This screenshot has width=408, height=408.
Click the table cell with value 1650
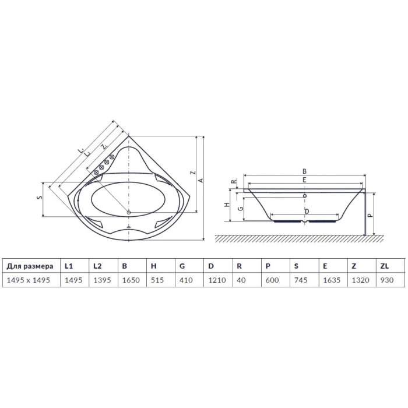(x=131, y=280)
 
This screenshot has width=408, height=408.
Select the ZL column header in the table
(x=384, y=266)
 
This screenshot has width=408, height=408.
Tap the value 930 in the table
(x=386, y=280)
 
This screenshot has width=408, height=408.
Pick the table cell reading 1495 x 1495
(x=29, y=280)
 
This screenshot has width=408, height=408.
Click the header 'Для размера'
(x=30, y=266)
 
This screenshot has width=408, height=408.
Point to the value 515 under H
(x=157, y=280)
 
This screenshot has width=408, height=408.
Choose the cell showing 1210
(x=217, y=280)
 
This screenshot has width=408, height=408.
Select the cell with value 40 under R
(x=241, y=280)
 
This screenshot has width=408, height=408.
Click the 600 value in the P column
(x=272, y=280)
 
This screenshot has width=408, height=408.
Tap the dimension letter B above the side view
(x=304, y=171)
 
